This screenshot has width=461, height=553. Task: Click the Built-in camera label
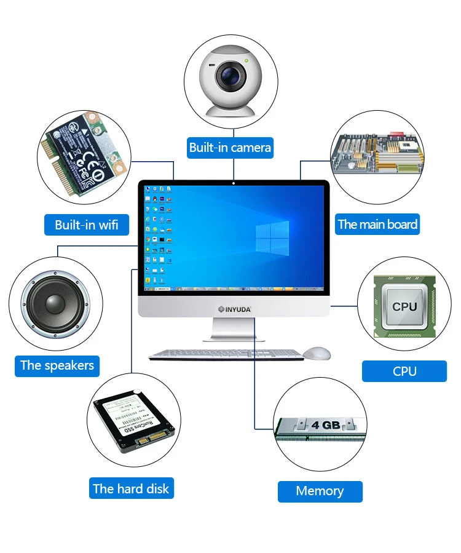[x=230, y=147]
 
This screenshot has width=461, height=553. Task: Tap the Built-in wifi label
[x=87, y=225]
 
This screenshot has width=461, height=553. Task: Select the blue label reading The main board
[x=377, y=224]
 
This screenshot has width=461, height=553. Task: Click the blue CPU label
[x=404, y=371]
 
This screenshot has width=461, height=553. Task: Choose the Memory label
[x=320, y=491]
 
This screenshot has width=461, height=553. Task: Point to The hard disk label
[x=130, y=488]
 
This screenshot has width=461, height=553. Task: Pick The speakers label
[x=57, y=365]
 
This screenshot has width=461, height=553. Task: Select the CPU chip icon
[x=404, y=306]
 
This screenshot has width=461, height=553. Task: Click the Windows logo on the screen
[x=272, y=239]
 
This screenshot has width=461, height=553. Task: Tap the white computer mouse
[x=317, y=353]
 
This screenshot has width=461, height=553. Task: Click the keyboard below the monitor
[x=226, y=354]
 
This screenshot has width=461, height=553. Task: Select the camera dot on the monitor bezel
[x=234, y=183]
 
